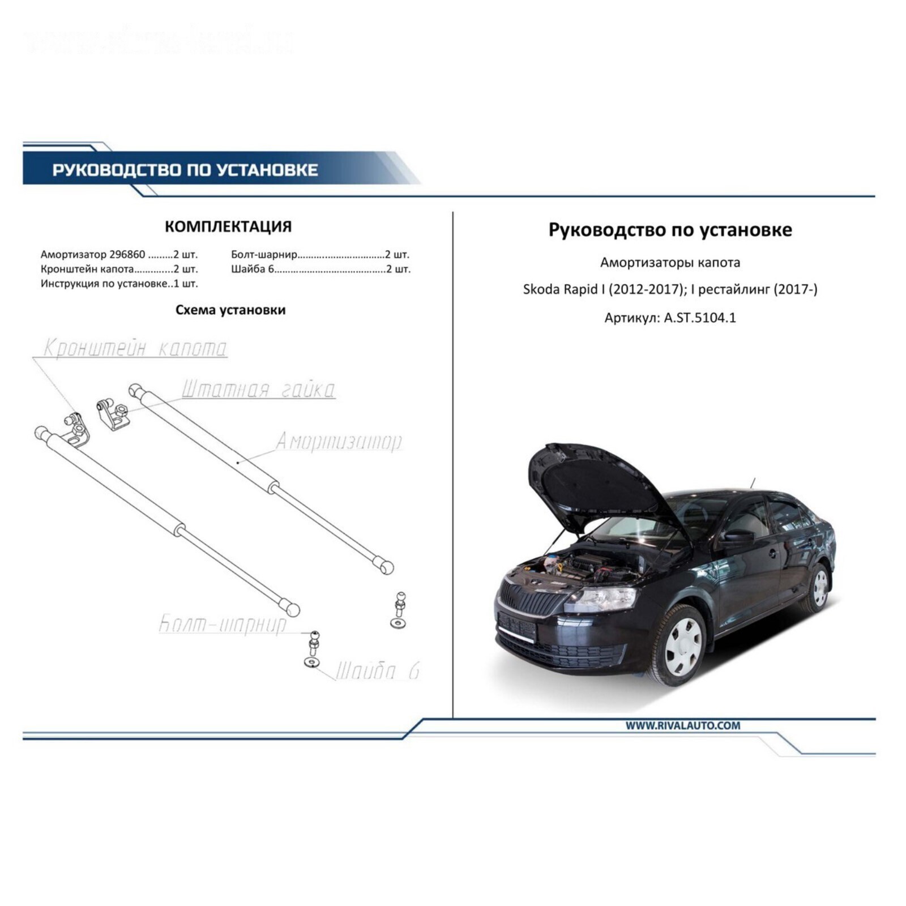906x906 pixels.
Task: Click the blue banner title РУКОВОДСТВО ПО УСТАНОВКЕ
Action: (x=185, y=170)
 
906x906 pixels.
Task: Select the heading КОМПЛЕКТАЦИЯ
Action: (x=228, y=226)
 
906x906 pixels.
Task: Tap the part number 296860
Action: (x=127, y=255)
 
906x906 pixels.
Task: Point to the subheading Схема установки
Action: (x=230, y=310)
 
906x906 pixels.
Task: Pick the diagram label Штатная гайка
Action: (x=258, y=389)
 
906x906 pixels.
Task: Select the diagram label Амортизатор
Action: (x=339, y=441)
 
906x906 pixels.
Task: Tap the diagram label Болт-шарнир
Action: (x=222, y=624)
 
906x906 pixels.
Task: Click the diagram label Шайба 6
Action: (x=378, y=671)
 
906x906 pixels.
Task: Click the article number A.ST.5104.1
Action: (x=700, y=318)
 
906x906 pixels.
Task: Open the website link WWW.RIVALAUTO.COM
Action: (x=682, y=725)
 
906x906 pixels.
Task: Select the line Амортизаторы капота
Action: (x=670, y=263)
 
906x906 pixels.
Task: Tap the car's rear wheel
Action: (x=818, y=588)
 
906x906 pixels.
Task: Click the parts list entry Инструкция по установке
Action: (x=104, y=284)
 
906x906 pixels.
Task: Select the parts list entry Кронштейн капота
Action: (x=87, y=270)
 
